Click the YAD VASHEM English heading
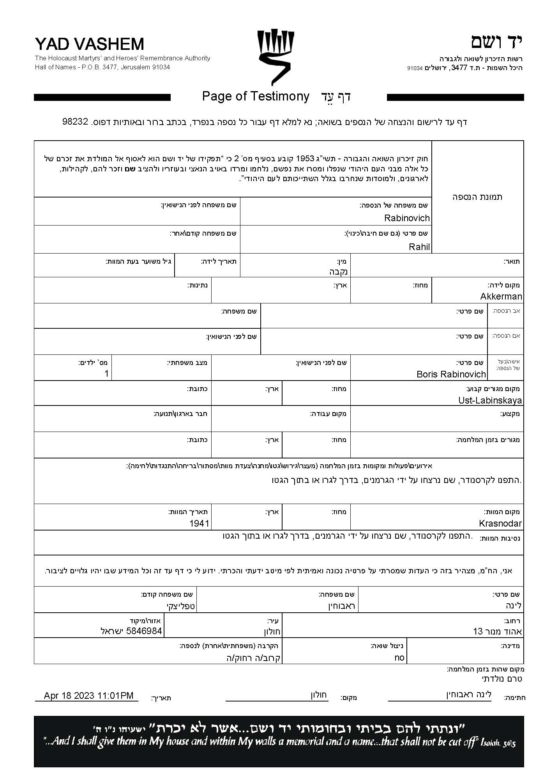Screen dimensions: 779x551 coord(89,44)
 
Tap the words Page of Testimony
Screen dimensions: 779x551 coord(256,96)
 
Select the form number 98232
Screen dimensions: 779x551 coord(75,122)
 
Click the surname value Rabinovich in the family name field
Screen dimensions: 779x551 coord(406,218)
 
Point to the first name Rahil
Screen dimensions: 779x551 coord(419,247)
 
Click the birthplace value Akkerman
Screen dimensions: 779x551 coord(501,296)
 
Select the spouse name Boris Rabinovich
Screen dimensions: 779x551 coord(451,374)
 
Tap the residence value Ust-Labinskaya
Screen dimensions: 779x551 coord(490,400)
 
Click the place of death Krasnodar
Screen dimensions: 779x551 coord(500,523)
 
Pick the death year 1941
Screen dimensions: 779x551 coord(200,523)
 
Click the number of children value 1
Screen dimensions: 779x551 coord(106,374)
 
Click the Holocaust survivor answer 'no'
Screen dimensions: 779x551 coord(399,658)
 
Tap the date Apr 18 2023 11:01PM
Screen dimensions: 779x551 coord(88,696)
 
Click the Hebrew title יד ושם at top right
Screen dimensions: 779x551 coord(496,42)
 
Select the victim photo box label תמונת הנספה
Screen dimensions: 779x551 coord(477,197)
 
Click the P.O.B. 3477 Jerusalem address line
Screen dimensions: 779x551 coord(102,67)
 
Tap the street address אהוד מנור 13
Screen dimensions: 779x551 coord(497,631)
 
